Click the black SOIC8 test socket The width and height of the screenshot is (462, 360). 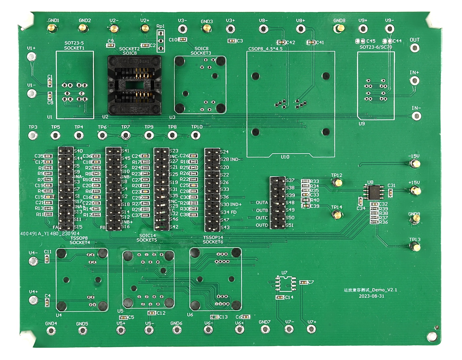(x=135, y=85)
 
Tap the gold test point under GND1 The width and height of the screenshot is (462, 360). (x=51, y=28)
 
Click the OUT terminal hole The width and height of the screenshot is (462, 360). (x=415, y=48)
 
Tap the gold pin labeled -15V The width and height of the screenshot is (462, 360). (x=414, y=163)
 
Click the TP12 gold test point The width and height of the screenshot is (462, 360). (x=337, y=182)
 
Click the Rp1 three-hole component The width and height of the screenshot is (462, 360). (x=161, y=41)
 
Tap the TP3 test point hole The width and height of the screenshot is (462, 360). (x=33, y=135)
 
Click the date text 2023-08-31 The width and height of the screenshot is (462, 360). (x=371, y=296)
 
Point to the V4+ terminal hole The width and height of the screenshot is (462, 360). (x=33, y=300)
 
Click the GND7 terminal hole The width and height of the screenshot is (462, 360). (x=265, y=329)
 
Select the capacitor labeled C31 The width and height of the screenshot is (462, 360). (x=391, y=193)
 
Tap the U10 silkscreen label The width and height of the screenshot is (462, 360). (x=285, y=157)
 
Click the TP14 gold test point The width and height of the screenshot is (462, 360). (x=337, y=215)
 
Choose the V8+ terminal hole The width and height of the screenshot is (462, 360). (x=300, y=29)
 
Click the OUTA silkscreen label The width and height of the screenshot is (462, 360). (x=262, y=203)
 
